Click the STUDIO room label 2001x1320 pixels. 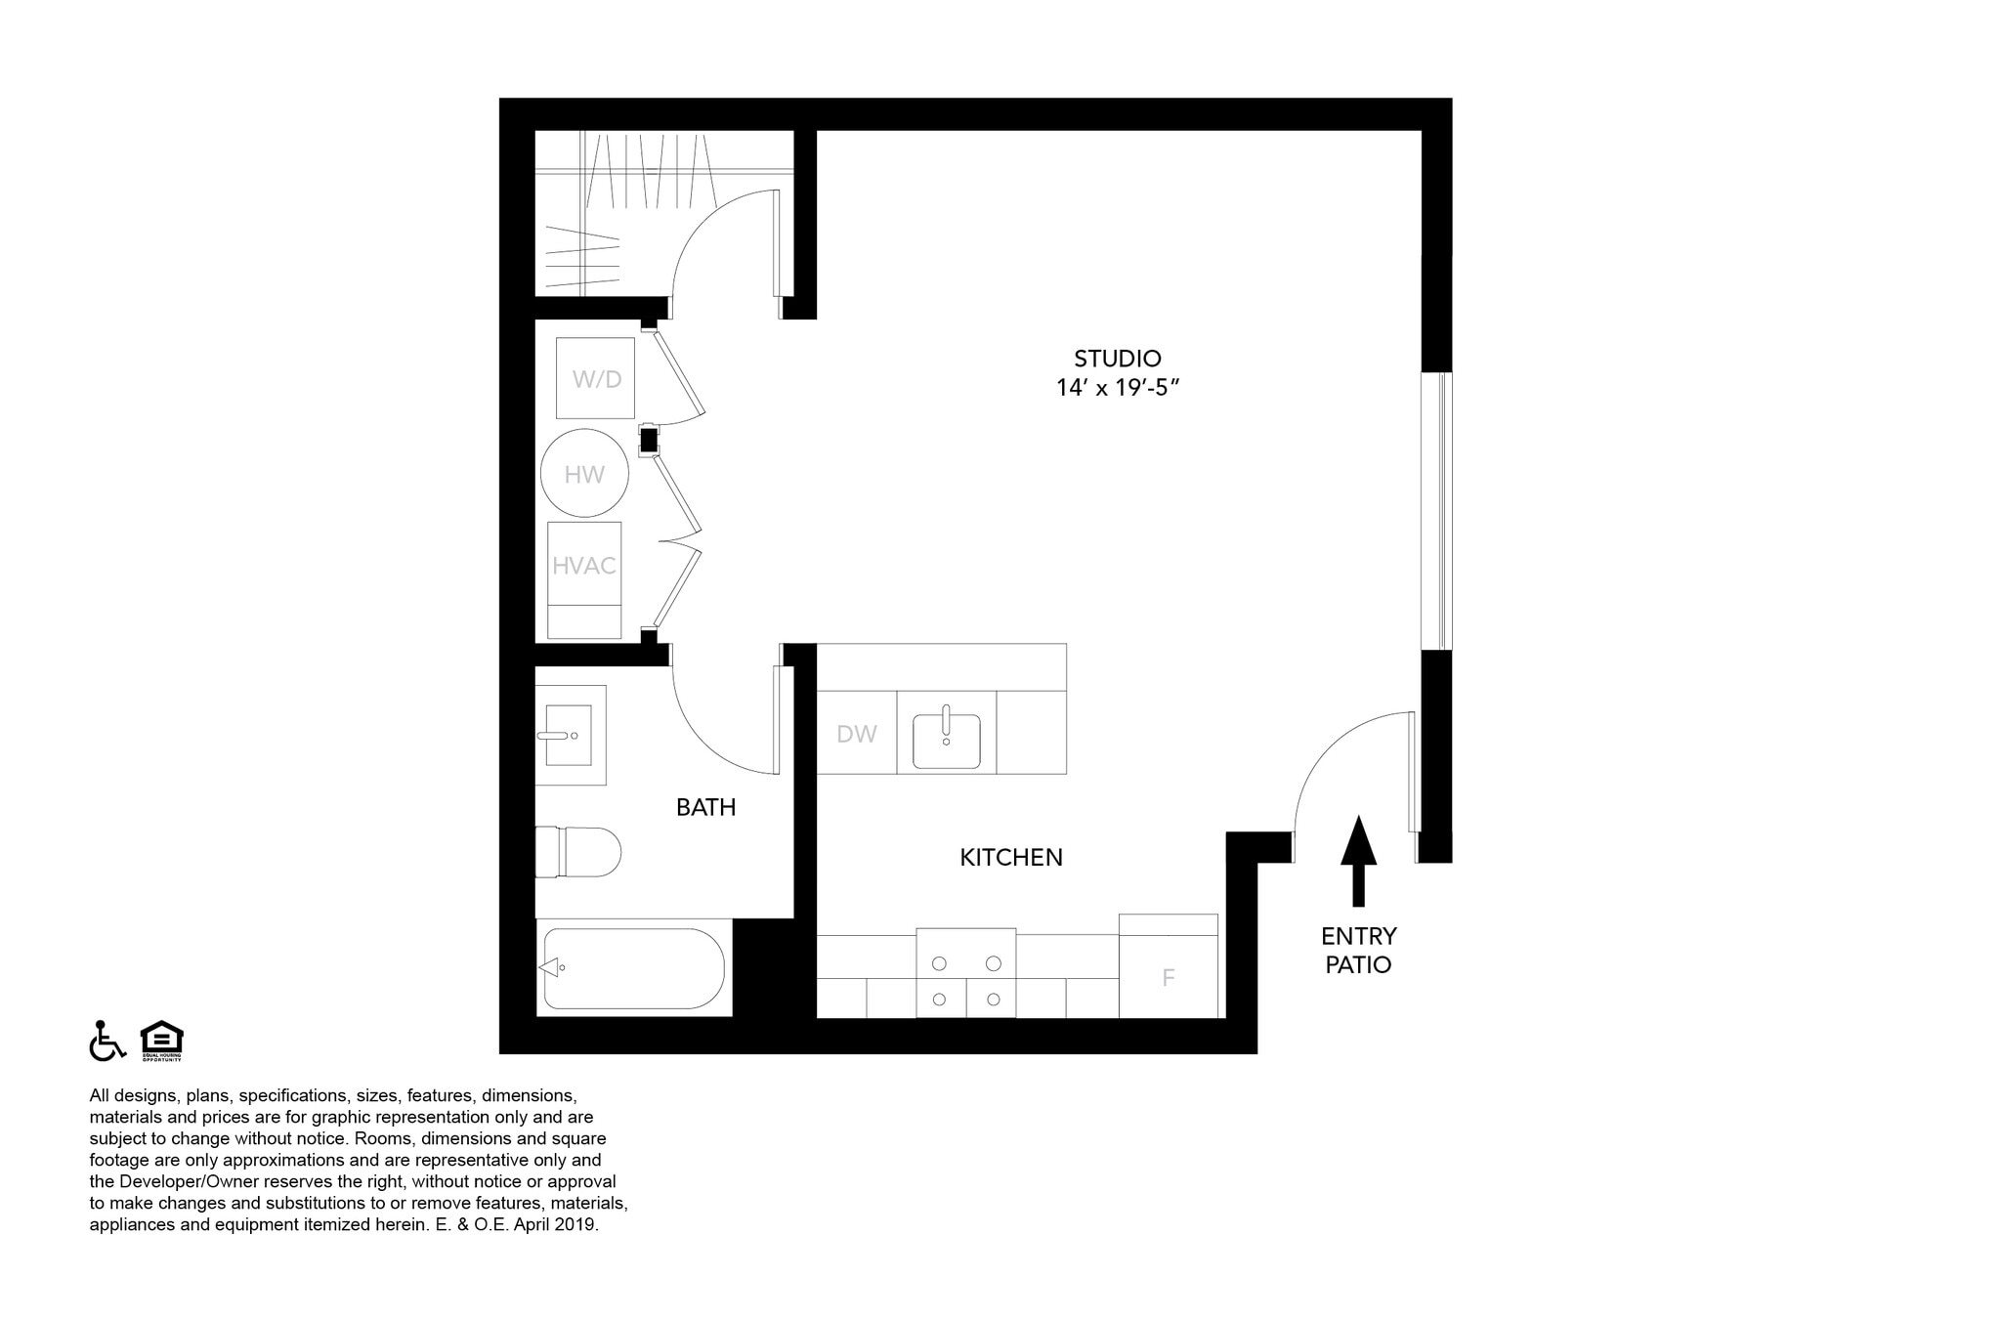click(x=1117, y=359)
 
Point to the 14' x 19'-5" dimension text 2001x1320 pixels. click(x=1118, y=388)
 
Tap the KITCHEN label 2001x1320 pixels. click(x=1010, y=858)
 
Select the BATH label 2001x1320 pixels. click(x=705, y=807)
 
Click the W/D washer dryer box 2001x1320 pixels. click(x=596, y=379)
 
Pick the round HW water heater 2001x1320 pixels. click(x=584, y=474)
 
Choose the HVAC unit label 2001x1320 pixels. click(x=584, y=566)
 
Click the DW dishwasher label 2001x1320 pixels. click(x=856, y=735)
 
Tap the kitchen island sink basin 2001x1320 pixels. click(x=946, y=741)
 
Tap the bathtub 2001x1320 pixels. click(x=633, y=968)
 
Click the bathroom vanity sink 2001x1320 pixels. click(x=569, y=735)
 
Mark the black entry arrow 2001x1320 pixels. click(x=1358, y=860)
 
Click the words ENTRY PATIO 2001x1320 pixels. click(x=1358, y=951)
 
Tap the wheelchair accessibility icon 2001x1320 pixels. click(x=106, y=1041)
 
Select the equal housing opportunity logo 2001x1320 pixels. click(x=161, y=1041)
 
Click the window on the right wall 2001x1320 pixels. click(x=1436, y=510)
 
